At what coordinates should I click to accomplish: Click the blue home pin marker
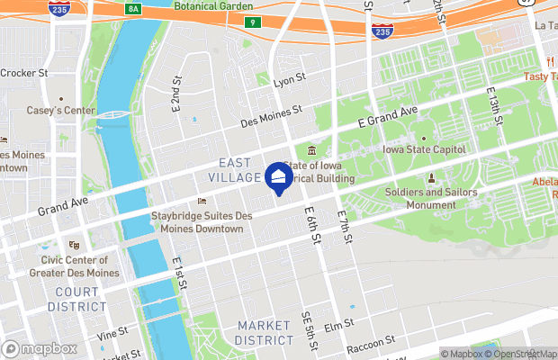278,177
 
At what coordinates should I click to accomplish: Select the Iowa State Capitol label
424,149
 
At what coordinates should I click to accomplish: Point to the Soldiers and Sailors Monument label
430,198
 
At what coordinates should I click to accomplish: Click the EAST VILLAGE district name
240,170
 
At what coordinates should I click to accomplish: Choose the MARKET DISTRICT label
264,332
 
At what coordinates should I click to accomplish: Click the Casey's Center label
61,111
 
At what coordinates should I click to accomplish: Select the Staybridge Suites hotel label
197,222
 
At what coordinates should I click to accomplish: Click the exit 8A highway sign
134,7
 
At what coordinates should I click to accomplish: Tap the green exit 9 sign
254,22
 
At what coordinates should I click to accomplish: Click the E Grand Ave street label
388,116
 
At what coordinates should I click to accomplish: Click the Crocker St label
24,73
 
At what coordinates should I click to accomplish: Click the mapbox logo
40,348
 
